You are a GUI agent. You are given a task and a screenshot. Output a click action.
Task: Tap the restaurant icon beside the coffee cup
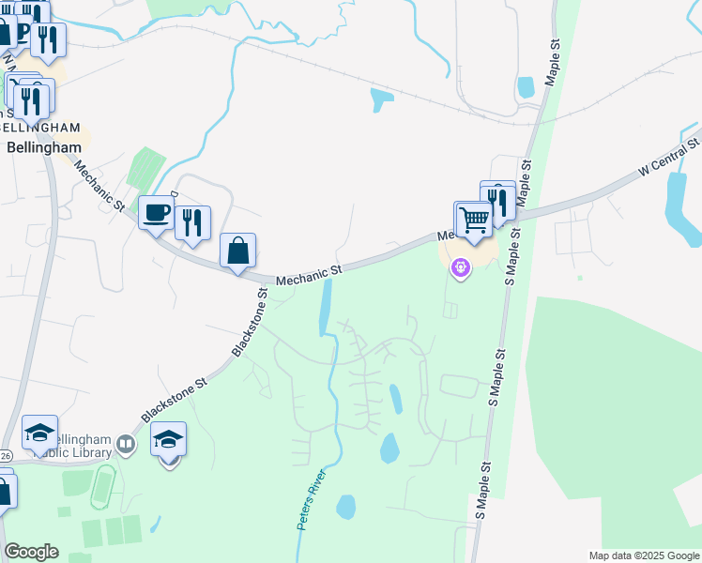point(192,222)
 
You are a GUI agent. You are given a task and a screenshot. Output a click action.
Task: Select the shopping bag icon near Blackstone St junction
point(238,251)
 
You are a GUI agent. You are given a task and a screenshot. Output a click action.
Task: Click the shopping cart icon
point(475,221)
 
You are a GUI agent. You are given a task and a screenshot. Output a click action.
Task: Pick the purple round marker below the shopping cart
point(460,269)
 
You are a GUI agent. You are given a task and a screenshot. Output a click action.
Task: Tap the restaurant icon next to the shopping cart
point(497,199)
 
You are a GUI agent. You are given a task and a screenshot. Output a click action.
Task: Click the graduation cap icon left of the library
point(39,433)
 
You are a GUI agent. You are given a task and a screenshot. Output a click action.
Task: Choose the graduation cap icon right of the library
point(168,439)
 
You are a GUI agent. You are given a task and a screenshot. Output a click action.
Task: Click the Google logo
point(31,552)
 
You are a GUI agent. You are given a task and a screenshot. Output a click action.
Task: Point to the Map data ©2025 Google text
point(643,555)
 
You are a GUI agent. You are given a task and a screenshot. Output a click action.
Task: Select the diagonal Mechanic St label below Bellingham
point(99,186)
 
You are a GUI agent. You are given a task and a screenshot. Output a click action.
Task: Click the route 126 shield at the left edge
point(5,455)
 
